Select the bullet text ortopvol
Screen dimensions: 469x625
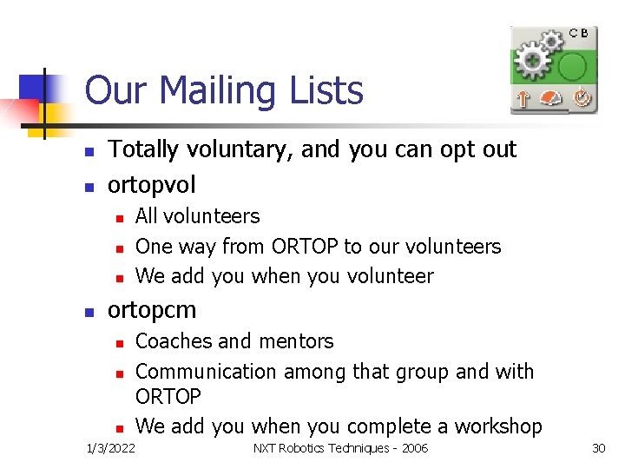(151, 185)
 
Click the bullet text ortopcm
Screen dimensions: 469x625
(151, 310)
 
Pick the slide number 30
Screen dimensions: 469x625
(598, 448)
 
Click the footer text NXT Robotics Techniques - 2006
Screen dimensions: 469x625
(340, 448)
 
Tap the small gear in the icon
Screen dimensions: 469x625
(552, 41)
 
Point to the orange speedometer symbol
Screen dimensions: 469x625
(552, 99)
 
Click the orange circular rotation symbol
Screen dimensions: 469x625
(581, 99)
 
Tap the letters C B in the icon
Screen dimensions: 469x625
(579, 33)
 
